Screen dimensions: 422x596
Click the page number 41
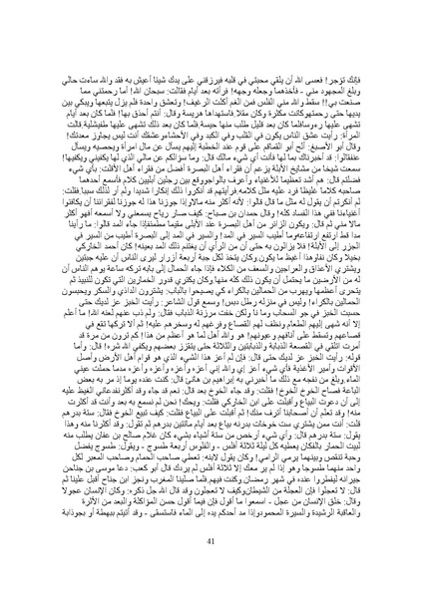coord(211,570)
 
